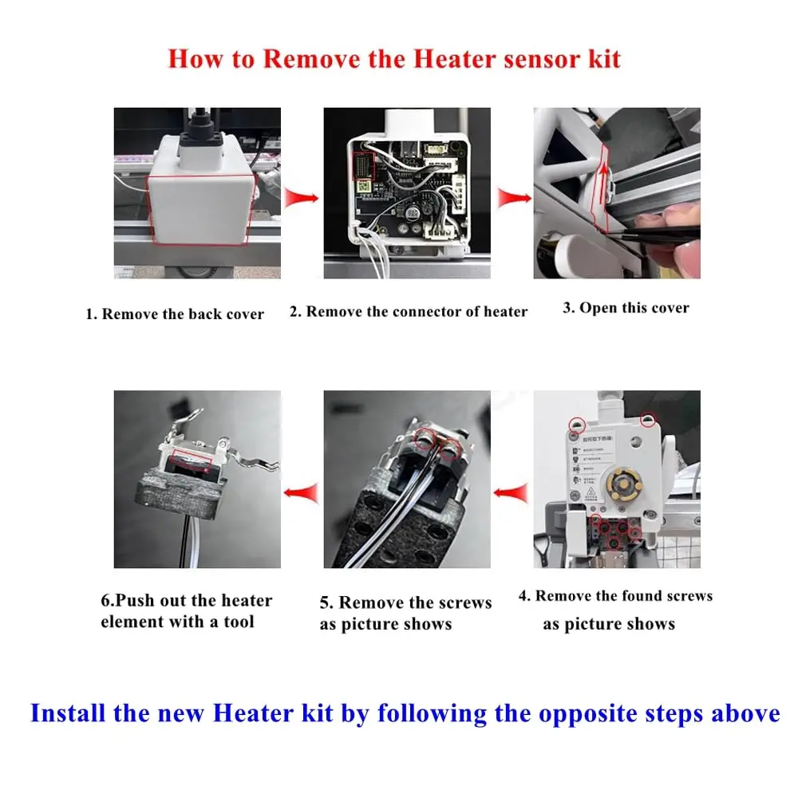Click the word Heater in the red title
pyautogui.click(x=455, y=58)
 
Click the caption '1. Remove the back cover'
pyautogui.click(x=175, y=314)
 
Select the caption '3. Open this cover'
pyautogui.click(x=626, y=308)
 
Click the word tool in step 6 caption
pyautogui.click(x=239, y=622)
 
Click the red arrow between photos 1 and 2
pyautogui.click(x=302, y=197)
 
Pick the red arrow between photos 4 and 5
pyautogui.click(x=511, y=492)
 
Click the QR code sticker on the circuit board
pyautogui.click(x=363, y=186)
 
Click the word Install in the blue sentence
pyautogui.click(x=68, y=713)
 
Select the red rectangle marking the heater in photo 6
pyautogui.click(x=192, y=460)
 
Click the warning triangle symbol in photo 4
pyautogui.click(x=591, y=492)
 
